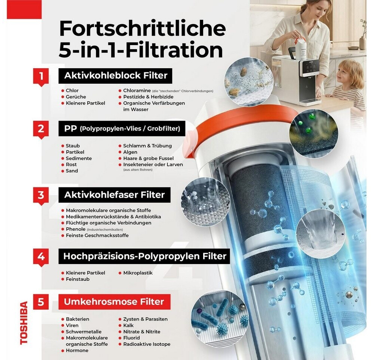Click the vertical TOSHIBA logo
pos(24,323)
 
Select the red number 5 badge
pos(41,302)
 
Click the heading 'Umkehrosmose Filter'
pos(114,302)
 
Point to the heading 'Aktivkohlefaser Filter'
pos(114,195)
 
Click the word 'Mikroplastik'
pos(138,273)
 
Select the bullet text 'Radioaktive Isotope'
pos(147,344)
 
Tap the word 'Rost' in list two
pos(71,164)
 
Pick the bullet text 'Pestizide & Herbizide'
pos(148,97)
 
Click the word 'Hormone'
pos(77,350)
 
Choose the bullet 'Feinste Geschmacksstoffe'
pos(97,235)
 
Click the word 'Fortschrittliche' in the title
pos(142,28)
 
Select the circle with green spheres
pos(314,130)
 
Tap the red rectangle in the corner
pos(24,9)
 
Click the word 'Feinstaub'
pos(78,279)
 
